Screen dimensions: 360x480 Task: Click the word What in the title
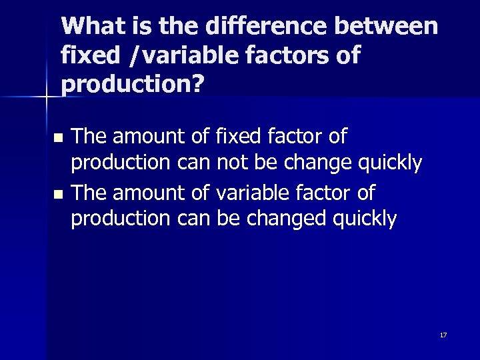point(91,26)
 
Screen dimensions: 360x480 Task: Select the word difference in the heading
point(265,26)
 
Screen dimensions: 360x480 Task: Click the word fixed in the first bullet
point(239,137)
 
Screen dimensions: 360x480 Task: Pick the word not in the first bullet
point(231,163)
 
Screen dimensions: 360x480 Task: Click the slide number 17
point(443,335)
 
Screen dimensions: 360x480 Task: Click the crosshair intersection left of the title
point(46,97)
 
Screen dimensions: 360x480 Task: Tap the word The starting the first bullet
point(89,137)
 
